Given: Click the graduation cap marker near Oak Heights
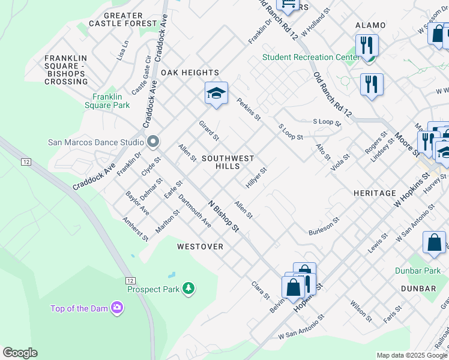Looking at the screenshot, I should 216,94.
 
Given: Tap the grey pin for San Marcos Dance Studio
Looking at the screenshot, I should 153,142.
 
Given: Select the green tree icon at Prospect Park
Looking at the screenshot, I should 188,289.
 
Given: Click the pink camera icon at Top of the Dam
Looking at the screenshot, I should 117,308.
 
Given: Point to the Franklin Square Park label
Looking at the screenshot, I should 111,101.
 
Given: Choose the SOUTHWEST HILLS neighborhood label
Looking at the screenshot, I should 228,162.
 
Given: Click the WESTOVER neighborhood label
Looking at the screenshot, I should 200,247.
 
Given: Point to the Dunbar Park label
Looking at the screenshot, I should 418,271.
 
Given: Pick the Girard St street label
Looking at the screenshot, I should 209,131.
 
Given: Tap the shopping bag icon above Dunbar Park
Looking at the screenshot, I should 434,242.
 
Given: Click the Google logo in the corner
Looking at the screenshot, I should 20,353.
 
